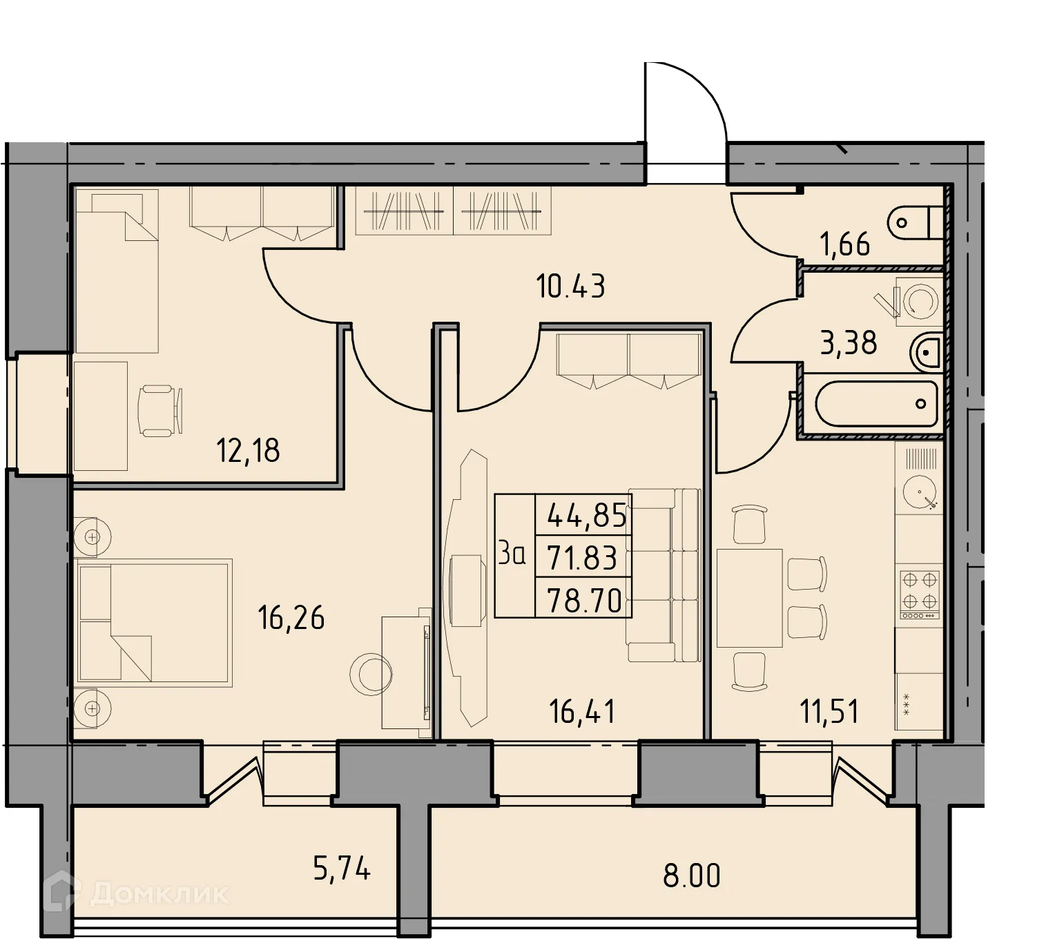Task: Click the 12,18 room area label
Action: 248,451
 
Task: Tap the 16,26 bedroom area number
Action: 291,617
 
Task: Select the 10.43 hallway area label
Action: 570,286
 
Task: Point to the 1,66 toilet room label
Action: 844,244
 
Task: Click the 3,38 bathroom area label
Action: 849,342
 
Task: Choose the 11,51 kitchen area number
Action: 829,711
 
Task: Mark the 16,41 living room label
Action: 582,711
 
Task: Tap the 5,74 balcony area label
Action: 342,869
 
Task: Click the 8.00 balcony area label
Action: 691,875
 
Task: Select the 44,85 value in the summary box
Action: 586,515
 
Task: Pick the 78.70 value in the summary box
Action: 586,601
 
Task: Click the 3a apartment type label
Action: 512,554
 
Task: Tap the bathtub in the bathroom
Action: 875,404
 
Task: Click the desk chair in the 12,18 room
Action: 159,412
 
